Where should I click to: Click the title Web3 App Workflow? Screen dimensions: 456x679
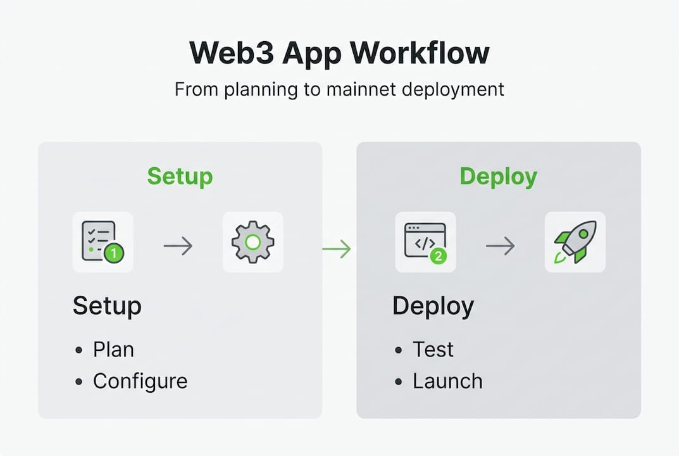(339, 54)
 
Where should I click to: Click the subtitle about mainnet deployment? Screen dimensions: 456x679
(339, 89)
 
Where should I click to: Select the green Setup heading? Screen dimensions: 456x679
(180, 176)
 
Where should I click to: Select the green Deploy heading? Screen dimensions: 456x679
(499, 176)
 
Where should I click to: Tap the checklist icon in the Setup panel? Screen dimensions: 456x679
(100, 241)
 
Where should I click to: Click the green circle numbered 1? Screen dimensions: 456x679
(114, 253)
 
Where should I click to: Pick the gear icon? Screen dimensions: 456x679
(252, 242)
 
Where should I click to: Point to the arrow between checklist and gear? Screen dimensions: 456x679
(178, 246)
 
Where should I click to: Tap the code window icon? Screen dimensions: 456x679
(424, 241)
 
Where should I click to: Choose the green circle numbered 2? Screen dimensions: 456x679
(438, 256)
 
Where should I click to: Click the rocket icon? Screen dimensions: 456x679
(575, 242)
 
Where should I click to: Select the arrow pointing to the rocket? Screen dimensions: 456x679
(500, 246)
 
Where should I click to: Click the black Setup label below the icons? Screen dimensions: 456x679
(107, 306)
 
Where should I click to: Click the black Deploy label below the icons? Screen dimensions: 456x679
(433, 307)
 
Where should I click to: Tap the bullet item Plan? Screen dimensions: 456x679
(113, 350)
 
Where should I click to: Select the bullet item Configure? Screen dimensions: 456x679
(140, 381)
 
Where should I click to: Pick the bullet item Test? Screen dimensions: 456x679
(433, 350)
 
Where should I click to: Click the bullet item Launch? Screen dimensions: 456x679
(447, 381)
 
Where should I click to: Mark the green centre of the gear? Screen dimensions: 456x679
(252, 242)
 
